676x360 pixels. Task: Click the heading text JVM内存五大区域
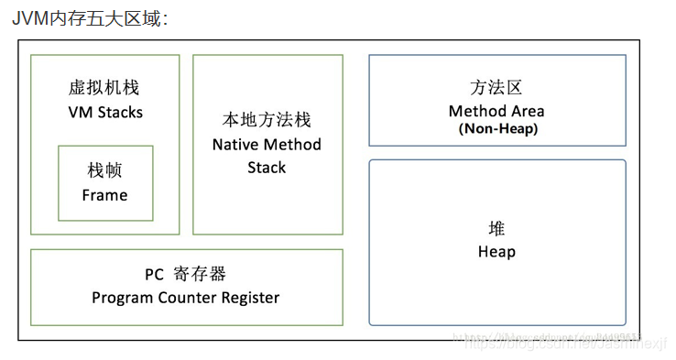[x=90, y=17]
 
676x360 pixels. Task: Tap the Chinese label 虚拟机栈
[x=104, y=88]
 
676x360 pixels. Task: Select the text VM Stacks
[x=105, y=112]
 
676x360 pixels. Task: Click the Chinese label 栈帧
[x=104, y=171]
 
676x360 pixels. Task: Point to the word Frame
[x=104, y=195]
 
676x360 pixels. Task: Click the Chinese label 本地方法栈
[x=267, y=120]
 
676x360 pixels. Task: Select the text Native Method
[x=267, y=145]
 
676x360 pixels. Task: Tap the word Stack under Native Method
[x=267, y=168]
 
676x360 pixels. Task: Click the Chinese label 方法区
[x=496, y=88]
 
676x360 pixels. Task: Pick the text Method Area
[x=496, y=111]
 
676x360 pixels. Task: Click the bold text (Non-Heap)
[x=497, y=129]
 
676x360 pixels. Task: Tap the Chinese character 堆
[x=496, y=229]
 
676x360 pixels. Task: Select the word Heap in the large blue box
[x=496, y=252]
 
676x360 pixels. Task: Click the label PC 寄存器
[x=186, y=274]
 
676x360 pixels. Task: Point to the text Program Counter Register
[x=186, y=298]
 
